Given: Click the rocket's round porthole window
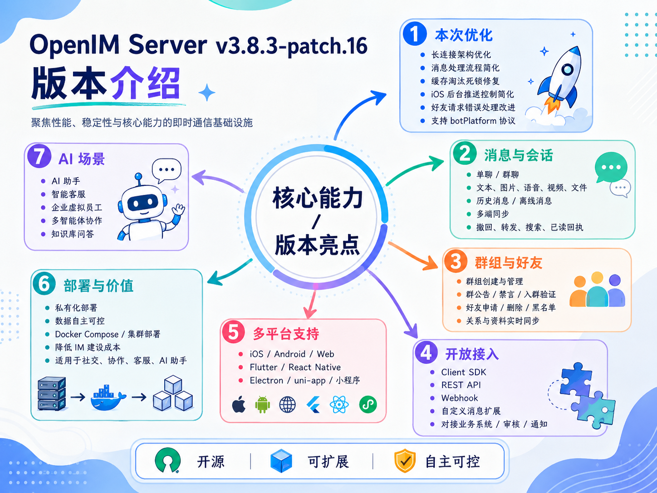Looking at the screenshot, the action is [x=567, y=70].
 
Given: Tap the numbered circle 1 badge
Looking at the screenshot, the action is [x=415, y=34].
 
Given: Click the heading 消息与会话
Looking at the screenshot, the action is [x=519, y=155].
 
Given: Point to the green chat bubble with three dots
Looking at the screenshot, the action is [x=611, y=167].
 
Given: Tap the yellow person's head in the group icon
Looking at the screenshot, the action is [x=597, y=277].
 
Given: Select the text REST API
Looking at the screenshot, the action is [x=461, y=385].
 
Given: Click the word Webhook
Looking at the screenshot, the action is [x=460, y=398].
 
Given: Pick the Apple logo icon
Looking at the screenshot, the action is [x=239, y=404].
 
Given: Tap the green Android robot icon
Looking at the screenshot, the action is [x=263, y=404].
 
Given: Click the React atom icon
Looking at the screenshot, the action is [x=339, y=404].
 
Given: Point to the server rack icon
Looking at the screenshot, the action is [x=52, y=393].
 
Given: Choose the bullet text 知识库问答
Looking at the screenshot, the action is [x=73, y=234].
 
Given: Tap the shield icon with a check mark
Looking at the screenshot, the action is [x=405, y=461].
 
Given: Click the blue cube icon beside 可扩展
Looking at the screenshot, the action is [x=281, y=461].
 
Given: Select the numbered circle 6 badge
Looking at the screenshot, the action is [x=44, y=283].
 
